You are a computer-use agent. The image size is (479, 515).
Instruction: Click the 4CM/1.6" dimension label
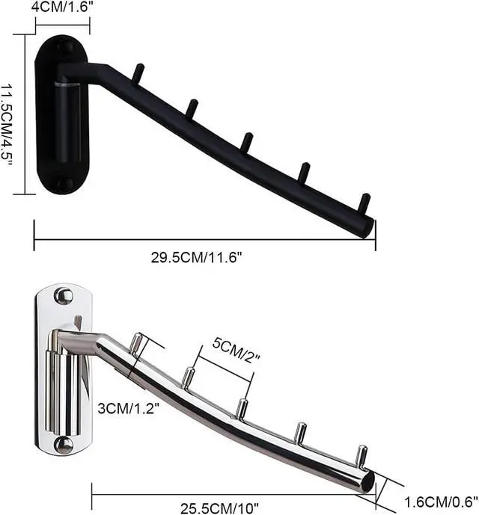click(x=61, y=7)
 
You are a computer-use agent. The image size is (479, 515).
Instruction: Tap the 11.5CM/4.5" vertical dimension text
click(x=7, y=125)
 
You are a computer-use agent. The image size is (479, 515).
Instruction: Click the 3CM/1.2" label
click(x=128, y=408)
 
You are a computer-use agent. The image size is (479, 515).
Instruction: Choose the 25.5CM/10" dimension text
click(x=220, y=508)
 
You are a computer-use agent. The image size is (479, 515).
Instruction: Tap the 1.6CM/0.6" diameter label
click(x=441, y=502)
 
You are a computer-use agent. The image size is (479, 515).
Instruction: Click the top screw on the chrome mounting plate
click(x=64, y=295)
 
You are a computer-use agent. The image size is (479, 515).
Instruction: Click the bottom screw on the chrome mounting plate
click(x=64, y=445)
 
